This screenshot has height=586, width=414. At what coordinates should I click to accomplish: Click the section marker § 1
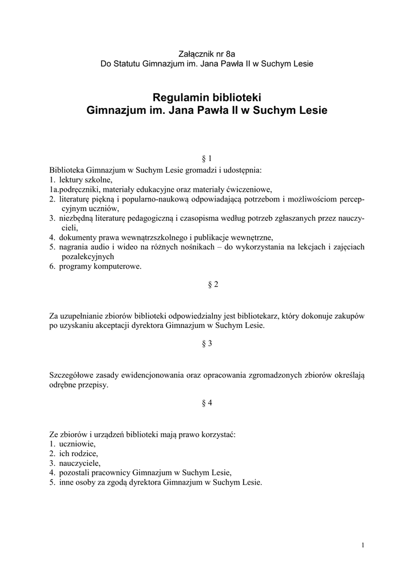click(207, 158)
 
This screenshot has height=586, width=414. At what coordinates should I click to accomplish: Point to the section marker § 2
click(207, 284)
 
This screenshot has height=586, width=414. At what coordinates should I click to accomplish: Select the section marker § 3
click(207, 343)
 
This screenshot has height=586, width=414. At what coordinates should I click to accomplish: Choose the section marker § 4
click(207, 402)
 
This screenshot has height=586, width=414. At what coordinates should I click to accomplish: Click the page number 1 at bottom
click(363, 545)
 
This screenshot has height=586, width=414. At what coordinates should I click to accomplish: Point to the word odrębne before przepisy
click(64, 385)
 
